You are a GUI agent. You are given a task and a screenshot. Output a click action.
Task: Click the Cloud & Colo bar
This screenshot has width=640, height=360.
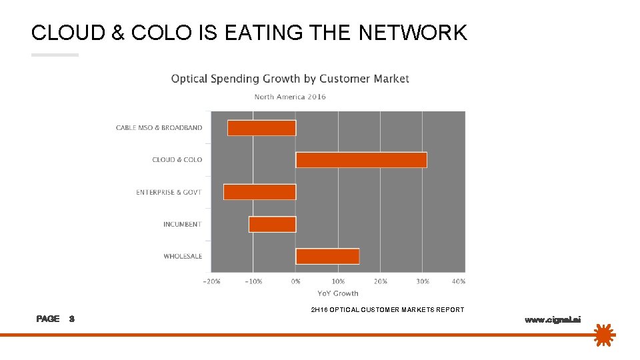[x=361, y=160]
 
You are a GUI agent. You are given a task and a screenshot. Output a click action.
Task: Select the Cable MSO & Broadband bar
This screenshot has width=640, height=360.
[x=261, y=128]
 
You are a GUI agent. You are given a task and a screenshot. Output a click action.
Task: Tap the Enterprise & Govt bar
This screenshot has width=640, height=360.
[x=259, y=192]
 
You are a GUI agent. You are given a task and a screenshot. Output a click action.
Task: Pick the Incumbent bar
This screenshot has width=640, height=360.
[x=272, y=225]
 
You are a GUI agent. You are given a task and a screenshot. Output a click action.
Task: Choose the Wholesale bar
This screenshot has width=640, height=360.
[x=327, y=256]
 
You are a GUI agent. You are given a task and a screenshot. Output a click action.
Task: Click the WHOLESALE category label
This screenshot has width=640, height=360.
[x=183, y=257]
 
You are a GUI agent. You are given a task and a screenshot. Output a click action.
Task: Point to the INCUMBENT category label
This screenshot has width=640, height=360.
[x=182, y=225]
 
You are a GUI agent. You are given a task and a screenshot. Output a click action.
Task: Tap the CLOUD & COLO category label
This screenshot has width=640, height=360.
[x=177, y=160]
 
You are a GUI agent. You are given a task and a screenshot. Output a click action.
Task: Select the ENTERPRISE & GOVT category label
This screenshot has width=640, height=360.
[x=169, y=193]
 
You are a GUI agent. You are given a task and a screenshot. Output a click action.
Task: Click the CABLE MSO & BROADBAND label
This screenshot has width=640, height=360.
[x=159, y=128]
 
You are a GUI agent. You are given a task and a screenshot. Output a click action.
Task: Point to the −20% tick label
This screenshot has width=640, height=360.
[x=211, y=281]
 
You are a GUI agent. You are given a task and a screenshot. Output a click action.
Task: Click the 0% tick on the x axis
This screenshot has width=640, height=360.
[x=296, y=281]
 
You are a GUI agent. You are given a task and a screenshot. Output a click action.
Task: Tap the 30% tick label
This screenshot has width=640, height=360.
[x=423, y=281]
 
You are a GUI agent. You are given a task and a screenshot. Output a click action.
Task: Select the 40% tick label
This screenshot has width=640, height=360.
[x=458, y=281]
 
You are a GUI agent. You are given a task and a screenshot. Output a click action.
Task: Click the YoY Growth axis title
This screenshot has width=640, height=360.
[x=337, y=293]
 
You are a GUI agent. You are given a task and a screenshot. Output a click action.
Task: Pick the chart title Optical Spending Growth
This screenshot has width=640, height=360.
[x=290, y=79]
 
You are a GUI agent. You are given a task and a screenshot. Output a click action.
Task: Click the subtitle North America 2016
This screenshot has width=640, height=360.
[x=290, y=97]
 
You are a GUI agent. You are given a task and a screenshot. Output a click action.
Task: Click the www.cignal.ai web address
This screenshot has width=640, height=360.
[x=553, y=320]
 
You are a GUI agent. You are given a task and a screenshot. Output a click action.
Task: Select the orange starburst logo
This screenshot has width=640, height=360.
[x=603, y=335]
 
